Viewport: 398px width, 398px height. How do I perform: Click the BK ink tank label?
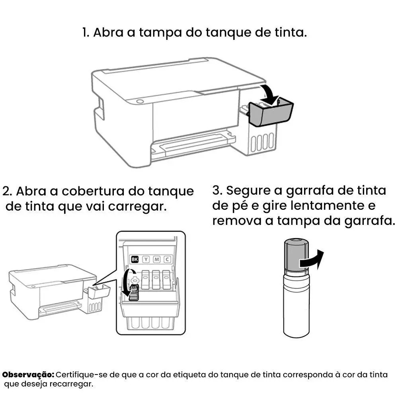[135, 259]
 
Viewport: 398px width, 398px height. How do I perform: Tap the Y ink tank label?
[146, 259]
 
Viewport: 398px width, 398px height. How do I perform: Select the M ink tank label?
[156, 259]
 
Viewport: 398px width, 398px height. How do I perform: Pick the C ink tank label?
[167, 259]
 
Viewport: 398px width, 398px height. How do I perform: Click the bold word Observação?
[28, 375]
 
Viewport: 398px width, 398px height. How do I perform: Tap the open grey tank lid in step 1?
[271, 113]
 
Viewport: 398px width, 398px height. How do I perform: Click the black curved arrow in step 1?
[269, 94]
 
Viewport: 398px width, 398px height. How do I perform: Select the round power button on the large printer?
[140, 101]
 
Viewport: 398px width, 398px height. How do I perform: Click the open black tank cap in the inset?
[134, 293]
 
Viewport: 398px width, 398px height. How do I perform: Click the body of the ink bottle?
[296, 304]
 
